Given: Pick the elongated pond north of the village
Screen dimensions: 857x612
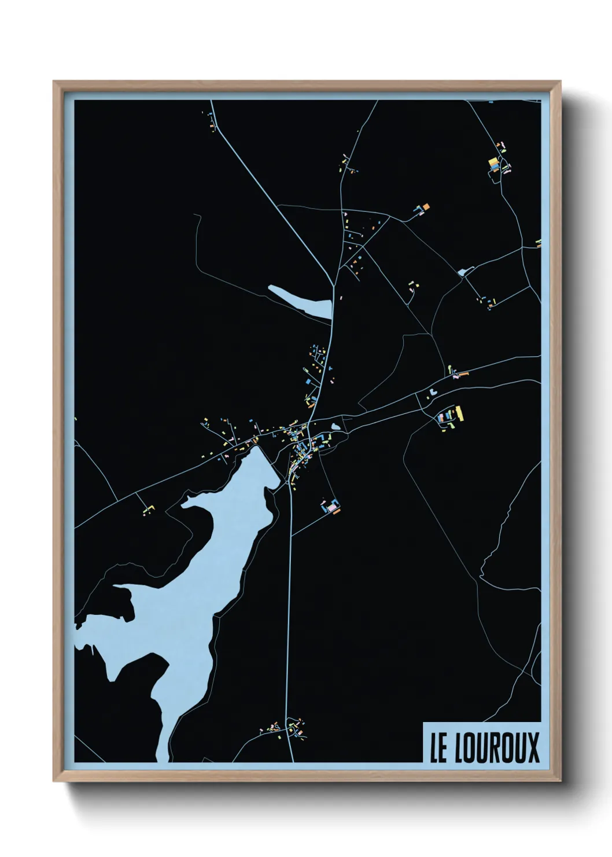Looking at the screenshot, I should pos(301,301).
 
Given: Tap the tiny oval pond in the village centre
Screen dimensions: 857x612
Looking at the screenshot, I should pos(336,427).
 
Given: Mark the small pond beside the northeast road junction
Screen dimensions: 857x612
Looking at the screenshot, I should pos(463,272).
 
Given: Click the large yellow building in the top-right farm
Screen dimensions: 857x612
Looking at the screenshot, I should pos(493,162).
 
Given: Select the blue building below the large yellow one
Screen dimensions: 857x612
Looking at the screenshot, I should pos(495,169).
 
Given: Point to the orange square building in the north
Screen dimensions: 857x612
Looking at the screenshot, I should pos(426,206).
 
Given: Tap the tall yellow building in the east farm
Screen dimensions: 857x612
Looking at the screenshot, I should pos(460,412).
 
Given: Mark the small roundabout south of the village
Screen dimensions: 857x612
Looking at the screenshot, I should pos(289,485).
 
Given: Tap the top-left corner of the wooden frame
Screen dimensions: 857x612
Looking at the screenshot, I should pos(55,82).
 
